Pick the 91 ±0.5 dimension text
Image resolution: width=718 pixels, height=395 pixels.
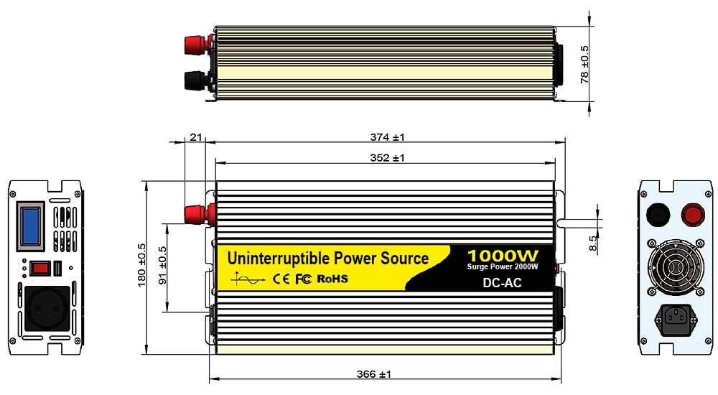[162, 266]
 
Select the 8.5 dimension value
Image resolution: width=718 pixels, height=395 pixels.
[593, 242]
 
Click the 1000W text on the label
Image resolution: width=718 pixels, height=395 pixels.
[502, 256]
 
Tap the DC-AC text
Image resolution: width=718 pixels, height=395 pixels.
[503, 282]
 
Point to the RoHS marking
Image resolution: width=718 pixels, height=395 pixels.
[332, 278]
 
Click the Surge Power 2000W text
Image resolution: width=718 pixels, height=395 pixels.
[503, 267]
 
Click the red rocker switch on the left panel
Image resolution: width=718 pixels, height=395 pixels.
[39, 269]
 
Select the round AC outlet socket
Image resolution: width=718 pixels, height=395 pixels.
[49, 309]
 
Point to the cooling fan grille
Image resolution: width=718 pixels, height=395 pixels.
[674, 268]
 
